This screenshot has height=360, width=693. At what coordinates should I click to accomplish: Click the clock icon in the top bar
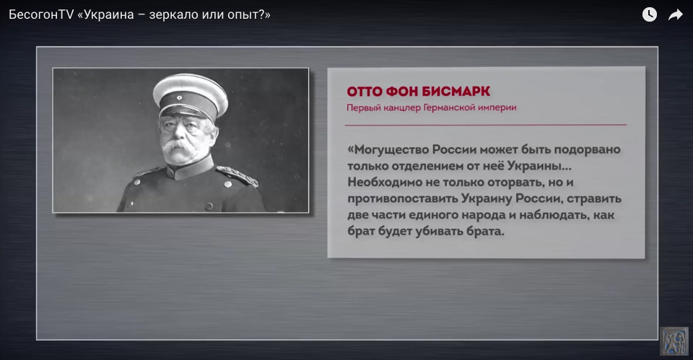click(x=649, y=14)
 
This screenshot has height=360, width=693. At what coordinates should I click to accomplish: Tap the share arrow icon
click(x=676, y=15)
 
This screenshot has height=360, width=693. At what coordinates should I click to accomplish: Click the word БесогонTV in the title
click(x=40, y=14)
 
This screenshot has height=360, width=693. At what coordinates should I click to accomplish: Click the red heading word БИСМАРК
click(x=456, y=92)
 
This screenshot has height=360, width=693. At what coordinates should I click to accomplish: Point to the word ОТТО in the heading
click(x=365, y=92)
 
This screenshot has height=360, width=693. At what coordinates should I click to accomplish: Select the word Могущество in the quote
click(x=388, y=150)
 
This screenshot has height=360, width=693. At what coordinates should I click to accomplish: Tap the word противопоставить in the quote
click(x=402, y=198)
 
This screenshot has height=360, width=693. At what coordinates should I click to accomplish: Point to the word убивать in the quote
click(x=439, y=231)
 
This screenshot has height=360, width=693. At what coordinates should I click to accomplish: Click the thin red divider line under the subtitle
click(x=486, y=125)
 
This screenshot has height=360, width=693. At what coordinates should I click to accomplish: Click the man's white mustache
click(x=178, y=146)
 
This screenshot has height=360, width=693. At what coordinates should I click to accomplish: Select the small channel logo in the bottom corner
click(x=674, y=341)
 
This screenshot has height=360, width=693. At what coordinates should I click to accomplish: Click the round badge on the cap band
click(x=180, y=98)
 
